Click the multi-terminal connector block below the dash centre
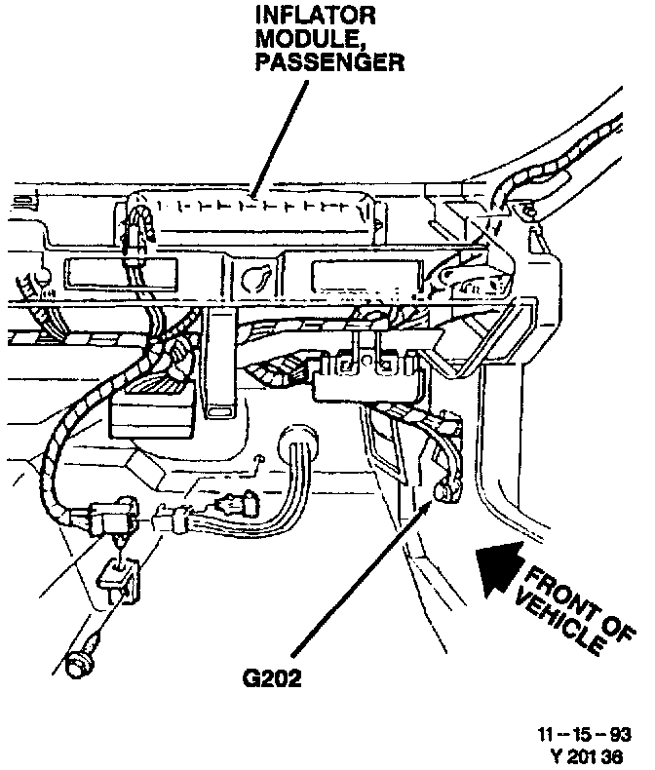[366, 378]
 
